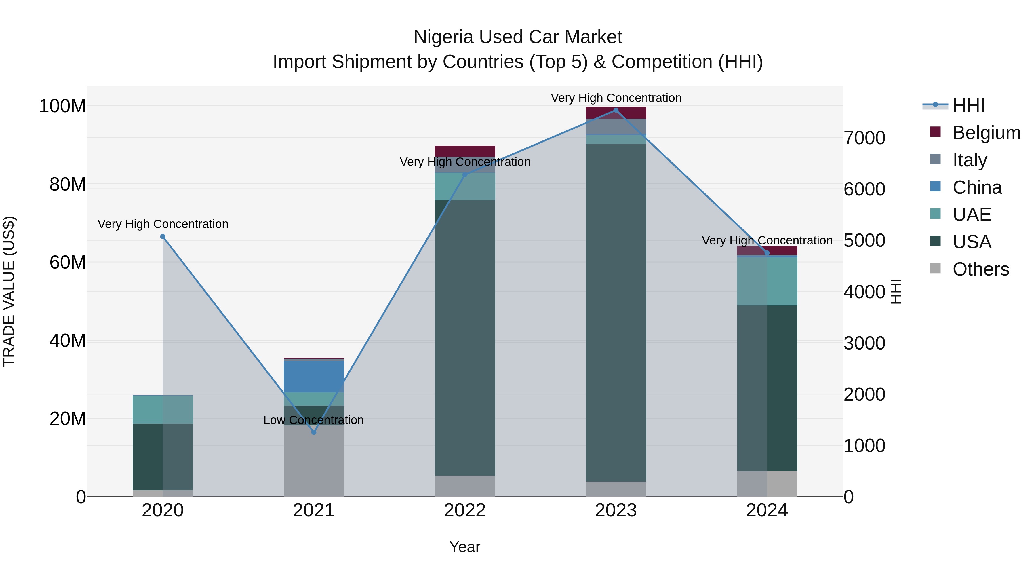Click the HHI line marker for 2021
coord(314,432)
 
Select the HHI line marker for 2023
coord(616,110)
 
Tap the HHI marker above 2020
coord(163,237)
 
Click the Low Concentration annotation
coord(313,420)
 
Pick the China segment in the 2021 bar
coord(314,377)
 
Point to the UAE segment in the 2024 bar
coord(767,281)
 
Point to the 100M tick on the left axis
coord(62,106)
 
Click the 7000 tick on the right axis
coord(864,138)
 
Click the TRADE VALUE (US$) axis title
coord(9,291)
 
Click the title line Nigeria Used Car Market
coord(518,37)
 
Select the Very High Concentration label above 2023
coord(616,98)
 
